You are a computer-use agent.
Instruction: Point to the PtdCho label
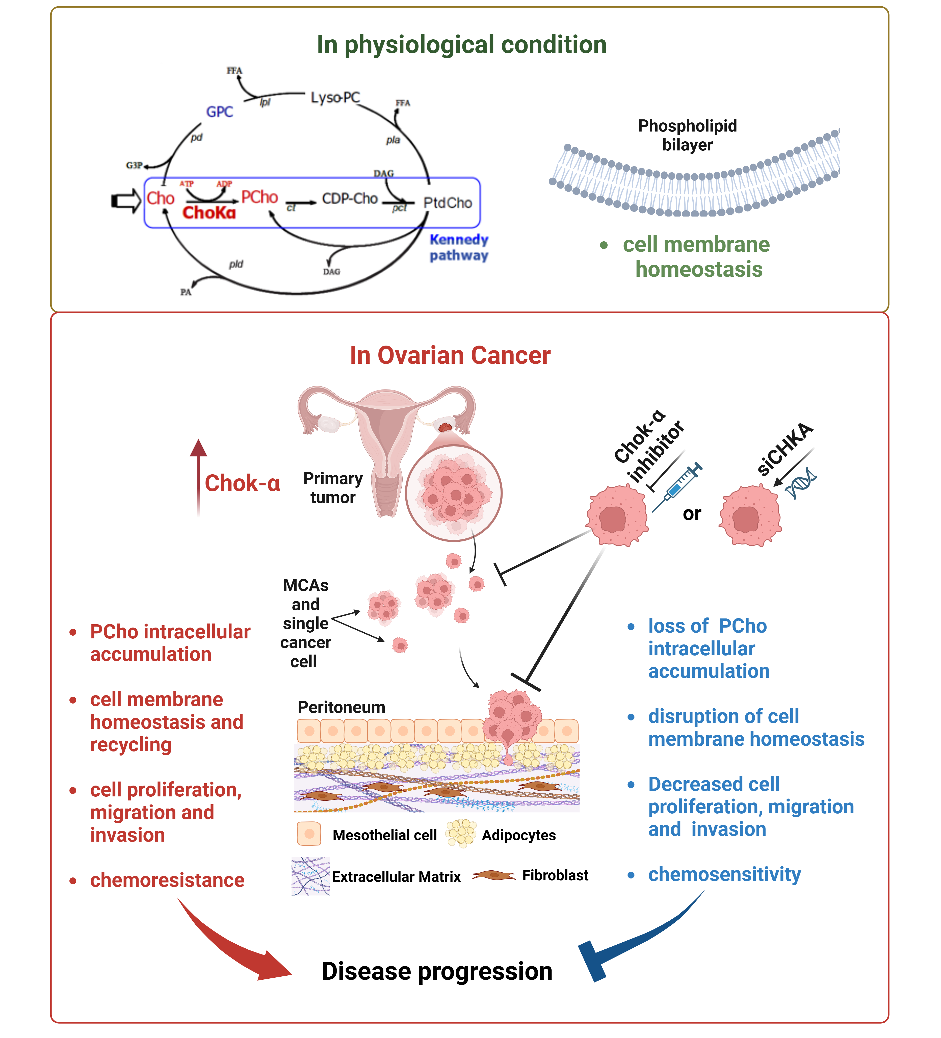pyautogui.click(x=447, y=203)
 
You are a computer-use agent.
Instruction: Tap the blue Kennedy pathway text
pyautogui.click(x=459, y=247)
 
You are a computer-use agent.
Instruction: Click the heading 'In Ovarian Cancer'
pyautogui.click(x=450, y=355)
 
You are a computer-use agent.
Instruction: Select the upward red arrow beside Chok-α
pyautogui.click(x=198, y=476)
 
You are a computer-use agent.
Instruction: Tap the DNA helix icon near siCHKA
pyautogui.click(x=801, y=483)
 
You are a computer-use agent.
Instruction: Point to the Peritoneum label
pyautogui.click(x=341, y=707)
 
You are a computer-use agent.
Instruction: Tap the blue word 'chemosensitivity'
pyautogui.click(x=724, y=874)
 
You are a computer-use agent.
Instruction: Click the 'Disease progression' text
pyautogui.click(x=437, y=971)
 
